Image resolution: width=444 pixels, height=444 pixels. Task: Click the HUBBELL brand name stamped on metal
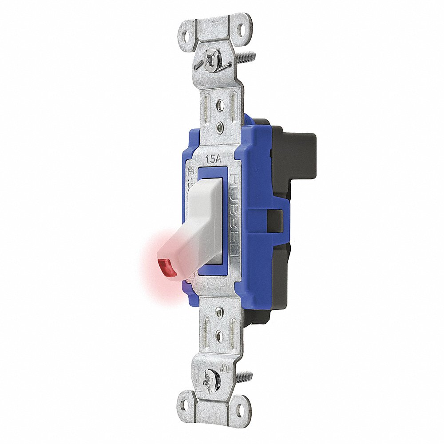tap(234, 218)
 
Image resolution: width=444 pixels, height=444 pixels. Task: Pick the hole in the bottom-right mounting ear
tap(240, 405)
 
